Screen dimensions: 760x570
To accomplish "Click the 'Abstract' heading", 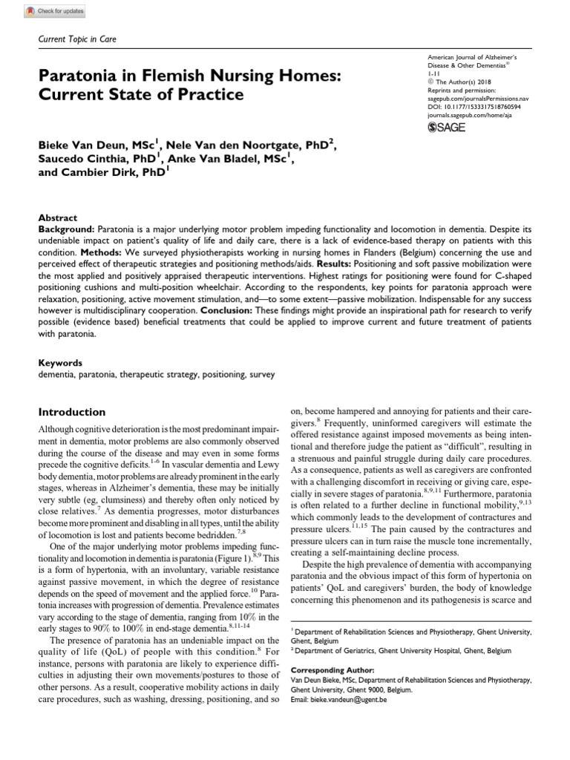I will pos(57,218).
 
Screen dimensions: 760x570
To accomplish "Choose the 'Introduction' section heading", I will pos(71,412).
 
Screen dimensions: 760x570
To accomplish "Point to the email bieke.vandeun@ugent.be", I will pos(350,700).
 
